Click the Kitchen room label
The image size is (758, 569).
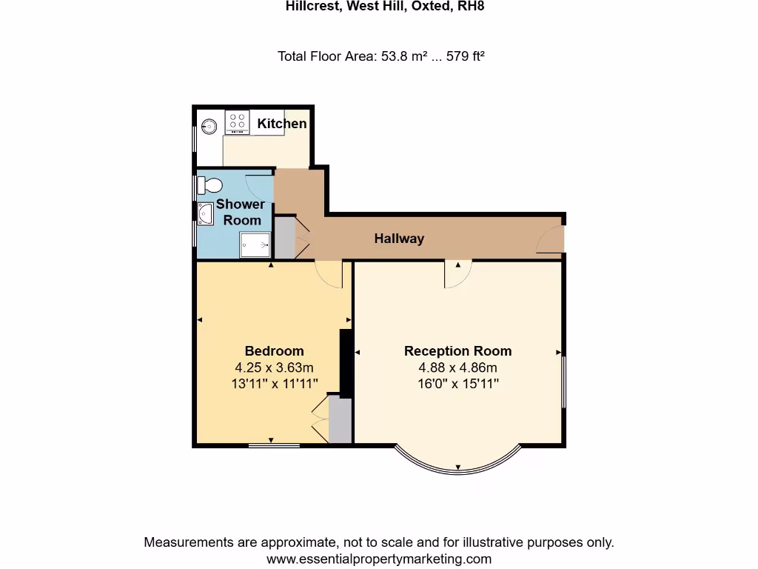(x=282, y=124)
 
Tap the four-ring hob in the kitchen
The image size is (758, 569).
(x=237, y=122)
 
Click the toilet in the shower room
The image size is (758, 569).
(x=209, y=184)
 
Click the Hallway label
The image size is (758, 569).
(x=399, y=239)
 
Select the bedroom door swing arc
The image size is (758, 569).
(x=329, y=275)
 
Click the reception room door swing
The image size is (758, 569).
(x=457, y=275)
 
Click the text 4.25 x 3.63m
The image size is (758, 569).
(x=274, y=367)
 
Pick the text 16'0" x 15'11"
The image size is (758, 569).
(x=457, y=384)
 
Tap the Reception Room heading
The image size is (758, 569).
(x=457, y=351)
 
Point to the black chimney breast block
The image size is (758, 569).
(x=345, y=363)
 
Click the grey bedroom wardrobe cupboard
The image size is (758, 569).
(x=340, y=420)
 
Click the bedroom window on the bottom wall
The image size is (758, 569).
(x=274, y=445)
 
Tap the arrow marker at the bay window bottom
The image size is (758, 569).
(x=458, y=467)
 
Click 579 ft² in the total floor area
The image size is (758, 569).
(x=464, y=56)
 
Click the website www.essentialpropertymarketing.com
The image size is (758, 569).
(x=379, y=559)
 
